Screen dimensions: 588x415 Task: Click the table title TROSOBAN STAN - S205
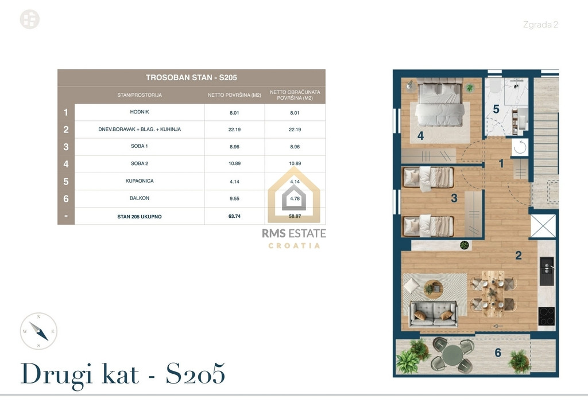(191, 77)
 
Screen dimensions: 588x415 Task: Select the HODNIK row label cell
(140, 112)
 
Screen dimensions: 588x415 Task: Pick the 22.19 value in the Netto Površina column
(234, 130)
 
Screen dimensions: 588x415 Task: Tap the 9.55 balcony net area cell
(234, 199)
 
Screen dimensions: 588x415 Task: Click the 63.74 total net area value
(234, 216)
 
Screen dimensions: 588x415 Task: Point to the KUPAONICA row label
(140, 181)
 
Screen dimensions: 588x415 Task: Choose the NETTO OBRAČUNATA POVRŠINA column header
(295, 95)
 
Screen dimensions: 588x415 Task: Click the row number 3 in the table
(66, 147)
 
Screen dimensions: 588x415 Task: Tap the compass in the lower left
(38, 331)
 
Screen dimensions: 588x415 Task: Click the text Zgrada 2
(540, 25)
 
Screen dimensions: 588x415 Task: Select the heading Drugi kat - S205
(123, 374)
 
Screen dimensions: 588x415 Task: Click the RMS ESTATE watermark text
(294, 233)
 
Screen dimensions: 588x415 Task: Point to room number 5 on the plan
(496, 109)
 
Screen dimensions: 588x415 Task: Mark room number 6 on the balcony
(498, 353)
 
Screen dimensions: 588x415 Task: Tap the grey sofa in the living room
(434, 314)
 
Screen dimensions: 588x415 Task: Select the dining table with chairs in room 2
(493, 293)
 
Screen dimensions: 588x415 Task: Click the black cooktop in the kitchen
(547, 316)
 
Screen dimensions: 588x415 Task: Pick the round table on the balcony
(452, 354)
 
